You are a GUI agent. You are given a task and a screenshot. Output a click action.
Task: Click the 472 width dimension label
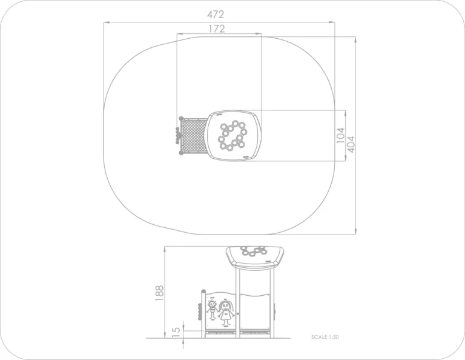[216, 15]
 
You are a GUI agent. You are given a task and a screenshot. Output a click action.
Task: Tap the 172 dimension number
[217, 29]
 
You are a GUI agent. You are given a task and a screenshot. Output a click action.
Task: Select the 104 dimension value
[341, 135]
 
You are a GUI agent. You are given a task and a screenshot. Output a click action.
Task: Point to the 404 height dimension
[351, 144]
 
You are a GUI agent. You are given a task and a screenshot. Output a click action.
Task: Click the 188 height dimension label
[160, 293]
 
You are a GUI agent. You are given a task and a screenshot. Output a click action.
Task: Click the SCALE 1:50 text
[325, 337]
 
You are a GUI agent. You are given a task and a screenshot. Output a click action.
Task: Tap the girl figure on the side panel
[226, 313]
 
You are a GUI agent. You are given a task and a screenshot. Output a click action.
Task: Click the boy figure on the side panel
[212, 309]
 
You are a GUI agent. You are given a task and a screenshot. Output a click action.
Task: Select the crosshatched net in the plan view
[194, 135]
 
